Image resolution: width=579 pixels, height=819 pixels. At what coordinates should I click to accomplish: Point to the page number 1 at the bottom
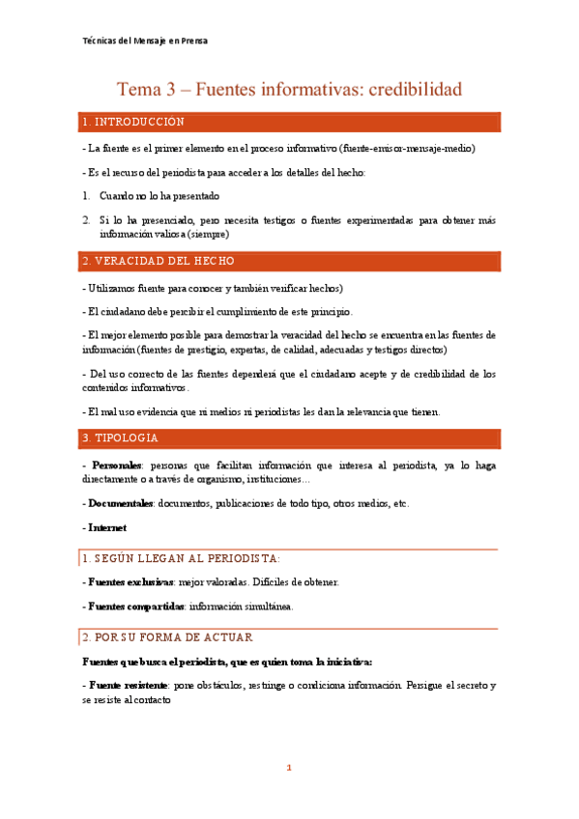(288, 768)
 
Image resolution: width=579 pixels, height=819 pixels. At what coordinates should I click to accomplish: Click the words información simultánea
(241, 607)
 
